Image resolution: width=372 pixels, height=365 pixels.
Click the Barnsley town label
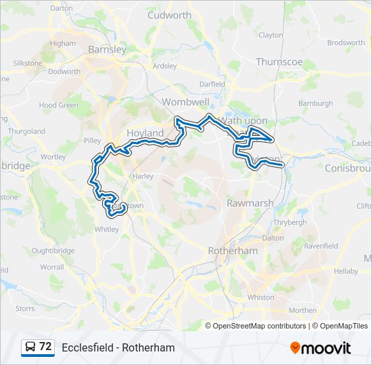[108, 49]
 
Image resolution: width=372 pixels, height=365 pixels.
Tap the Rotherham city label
[232, 250]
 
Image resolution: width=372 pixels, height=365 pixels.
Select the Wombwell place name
[185, 101]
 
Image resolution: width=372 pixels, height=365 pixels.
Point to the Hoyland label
[145, 133]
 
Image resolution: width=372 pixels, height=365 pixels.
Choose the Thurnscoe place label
[279, 62]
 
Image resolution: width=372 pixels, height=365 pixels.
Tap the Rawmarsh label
[250, 203]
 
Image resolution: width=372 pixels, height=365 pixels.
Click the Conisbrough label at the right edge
[348, 168]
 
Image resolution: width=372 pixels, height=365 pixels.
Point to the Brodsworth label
[346, 42]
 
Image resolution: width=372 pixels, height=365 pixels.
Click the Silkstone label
[28, 64]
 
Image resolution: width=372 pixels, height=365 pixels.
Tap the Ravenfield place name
[321, 246]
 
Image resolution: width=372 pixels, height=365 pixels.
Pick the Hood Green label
[58, 105]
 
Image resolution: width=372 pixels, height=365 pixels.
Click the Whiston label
[261, 297]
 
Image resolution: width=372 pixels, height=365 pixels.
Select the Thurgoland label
[26, 131]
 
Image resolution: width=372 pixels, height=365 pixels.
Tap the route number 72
[45, 347]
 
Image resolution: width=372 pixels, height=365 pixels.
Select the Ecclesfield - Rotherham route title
[118, 348]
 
